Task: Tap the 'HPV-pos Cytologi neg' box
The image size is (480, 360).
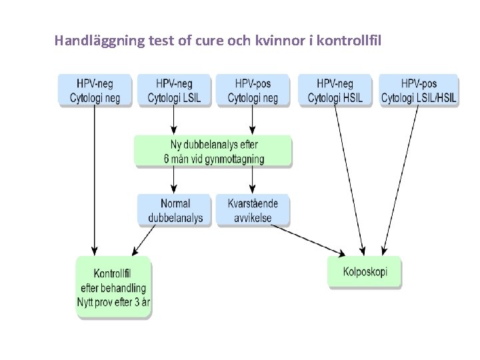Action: (x=252, y=91)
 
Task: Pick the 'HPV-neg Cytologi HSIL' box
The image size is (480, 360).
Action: (x=335, y=91)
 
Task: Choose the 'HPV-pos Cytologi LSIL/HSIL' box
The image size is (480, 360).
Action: (x=419, y=91)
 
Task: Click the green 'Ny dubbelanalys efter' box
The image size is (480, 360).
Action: (x=213, y=151)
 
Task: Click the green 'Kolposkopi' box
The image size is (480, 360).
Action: (x=365, y=272)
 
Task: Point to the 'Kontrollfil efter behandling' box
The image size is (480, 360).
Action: (x=113, y=287)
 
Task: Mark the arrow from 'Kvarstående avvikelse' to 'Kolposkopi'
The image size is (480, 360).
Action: (x=307, y=239)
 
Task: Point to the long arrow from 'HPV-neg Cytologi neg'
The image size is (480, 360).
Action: (x=95, y=180)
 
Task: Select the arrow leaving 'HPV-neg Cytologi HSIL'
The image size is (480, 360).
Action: (x=349, y=180)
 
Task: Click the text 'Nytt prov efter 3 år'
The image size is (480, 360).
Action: (x=113, y=301)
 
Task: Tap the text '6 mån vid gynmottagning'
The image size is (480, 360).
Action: (x=213, y=159)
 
